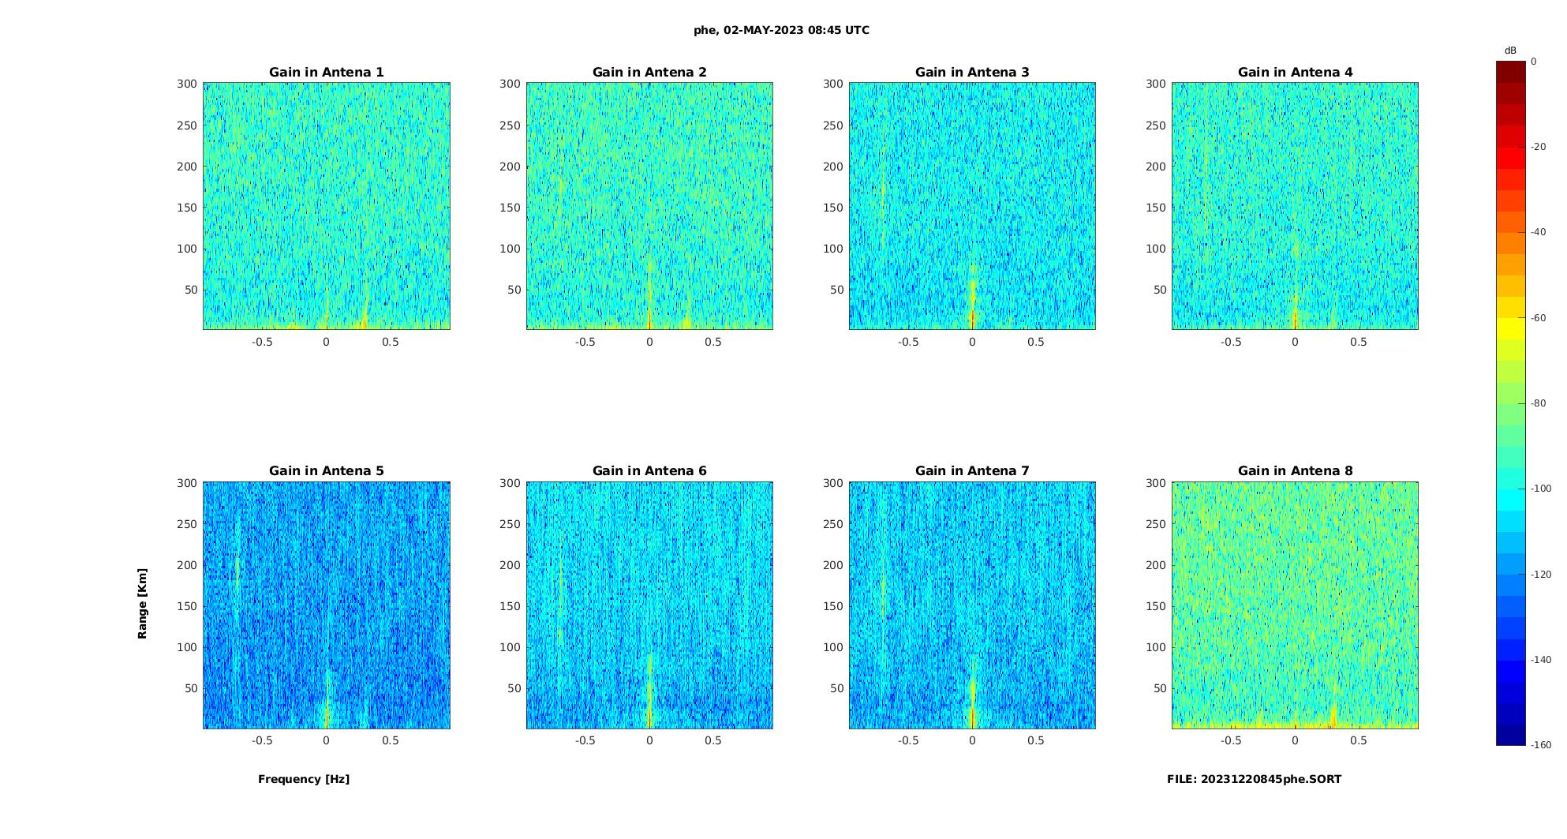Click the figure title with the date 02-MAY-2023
point(781,30)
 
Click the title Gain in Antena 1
point(327,72)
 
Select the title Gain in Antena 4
point(1295,72)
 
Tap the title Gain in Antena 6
point(649,470)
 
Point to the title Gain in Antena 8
point(1295,470)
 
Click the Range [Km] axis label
point(142,603)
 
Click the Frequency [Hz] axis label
point(304,779)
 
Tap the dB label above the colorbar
point(1510,51)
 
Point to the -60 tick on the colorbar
point(1539,318)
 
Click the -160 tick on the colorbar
point(1541,745)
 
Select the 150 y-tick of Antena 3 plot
point(833,208)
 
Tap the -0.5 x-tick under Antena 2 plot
point(585,342)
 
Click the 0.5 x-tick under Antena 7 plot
point(1036,740)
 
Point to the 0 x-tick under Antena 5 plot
point(326,740)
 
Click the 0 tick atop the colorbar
point(1534,61)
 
